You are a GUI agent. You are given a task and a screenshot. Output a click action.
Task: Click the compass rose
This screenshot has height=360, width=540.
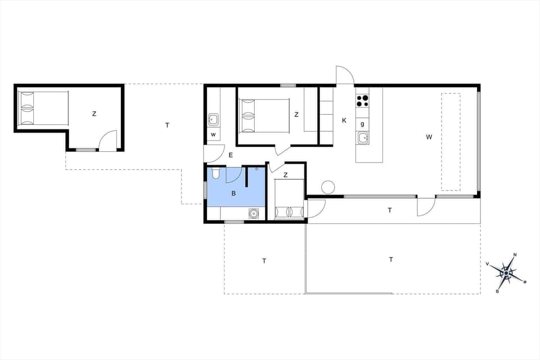[506, 273]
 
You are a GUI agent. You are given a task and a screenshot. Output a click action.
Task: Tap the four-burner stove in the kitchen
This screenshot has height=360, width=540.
[362, 101]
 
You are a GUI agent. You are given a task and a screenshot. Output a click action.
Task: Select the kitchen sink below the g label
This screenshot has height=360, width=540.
[363, 137]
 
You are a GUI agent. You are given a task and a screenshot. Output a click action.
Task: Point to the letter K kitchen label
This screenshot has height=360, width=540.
[344, 120]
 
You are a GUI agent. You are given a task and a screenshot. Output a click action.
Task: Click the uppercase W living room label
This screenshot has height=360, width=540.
[429, 137]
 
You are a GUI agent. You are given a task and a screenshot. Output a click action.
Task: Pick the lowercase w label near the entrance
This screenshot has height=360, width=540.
[213, 135]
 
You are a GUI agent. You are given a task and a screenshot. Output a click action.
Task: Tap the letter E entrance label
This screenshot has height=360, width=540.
[230, 155]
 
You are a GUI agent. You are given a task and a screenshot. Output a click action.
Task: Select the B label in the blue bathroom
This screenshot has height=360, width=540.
[233, 193]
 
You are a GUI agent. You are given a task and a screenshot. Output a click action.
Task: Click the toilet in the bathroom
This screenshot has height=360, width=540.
[215, 174]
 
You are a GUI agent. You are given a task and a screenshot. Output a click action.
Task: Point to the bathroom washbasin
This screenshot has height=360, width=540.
[254, 213]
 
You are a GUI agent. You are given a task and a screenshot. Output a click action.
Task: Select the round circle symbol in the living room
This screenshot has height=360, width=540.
[328, 187]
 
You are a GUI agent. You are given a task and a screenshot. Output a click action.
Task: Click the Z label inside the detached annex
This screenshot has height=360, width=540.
[94, 114]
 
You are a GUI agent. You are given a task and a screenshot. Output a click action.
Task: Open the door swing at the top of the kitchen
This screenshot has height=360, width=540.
[345, 75]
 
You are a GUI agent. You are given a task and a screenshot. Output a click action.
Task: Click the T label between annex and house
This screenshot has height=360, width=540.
[167, 125]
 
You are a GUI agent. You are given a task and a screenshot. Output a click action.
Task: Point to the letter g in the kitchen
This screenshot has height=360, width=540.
[362, 124]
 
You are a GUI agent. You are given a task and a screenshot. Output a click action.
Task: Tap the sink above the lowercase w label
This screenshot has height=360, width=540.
[213, 119]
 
